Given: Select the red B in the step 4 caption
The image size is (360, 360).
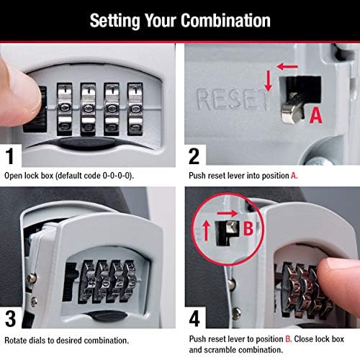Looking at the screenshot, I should [294, 336].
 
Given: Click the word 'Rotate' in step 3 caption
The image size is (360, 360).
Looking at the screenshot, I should [17, 339].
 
